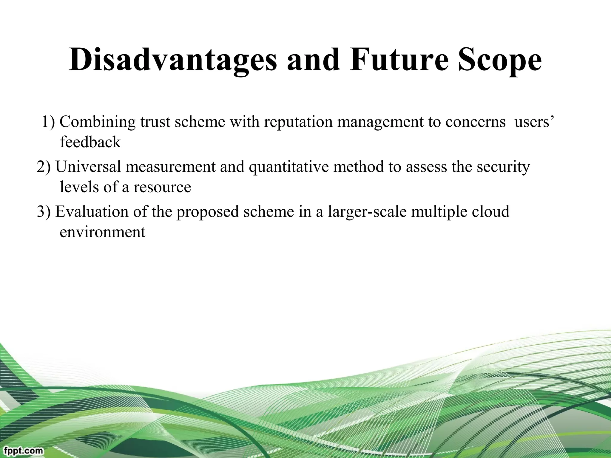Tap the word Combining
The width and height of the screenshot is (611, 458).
coord(97,122)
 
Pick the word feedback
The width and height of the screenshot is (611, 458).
coord(90,142)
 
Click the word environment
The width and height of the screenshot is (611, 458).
coord(102,232)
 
